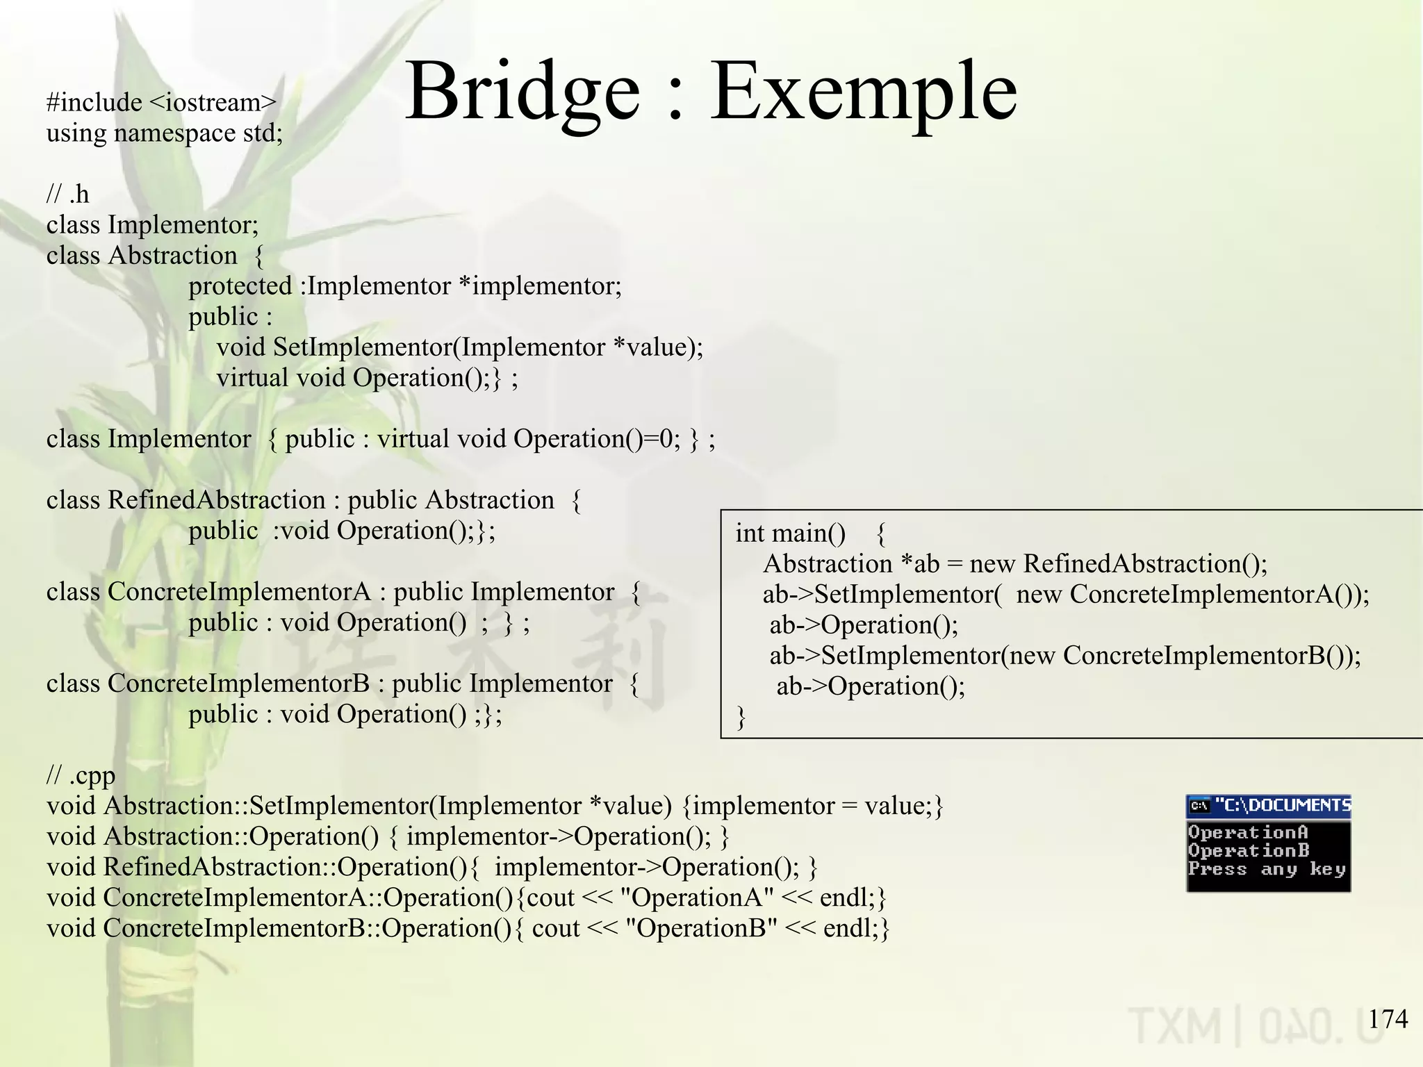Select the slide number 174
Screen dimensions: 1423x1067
[x=1388, y=1019]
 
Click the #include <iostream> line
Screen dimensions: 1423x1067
[x=161, y=103]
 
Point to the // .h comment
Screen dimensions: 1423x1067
[x=67, y=195]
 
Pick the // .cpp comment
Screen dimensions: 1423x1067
[x=81, y=775]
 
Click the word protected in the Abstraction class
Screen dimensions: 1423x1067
[x=240, y=286]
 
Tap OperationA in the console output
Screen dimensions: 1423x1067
[x=1248, y=832]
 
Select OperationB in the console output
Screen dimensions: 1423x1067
[x=1248, y=850]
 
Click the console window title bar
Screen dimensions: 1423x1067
[x=1268, y=806]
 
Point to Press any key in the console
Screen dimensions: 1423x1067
[x=1266, y=869]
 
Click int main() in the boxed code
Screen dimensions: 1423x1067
[x=790, y=533]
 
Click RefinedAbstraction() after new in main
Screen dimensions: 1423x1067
[x=1145, y=564]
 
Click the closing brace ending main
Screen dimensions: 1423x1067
[x=741, y=717]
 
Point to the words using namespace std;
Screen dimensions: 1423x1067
[x=165, y=133]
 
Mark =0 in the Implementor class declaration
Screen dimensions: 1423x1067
[x=659, y=439]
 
